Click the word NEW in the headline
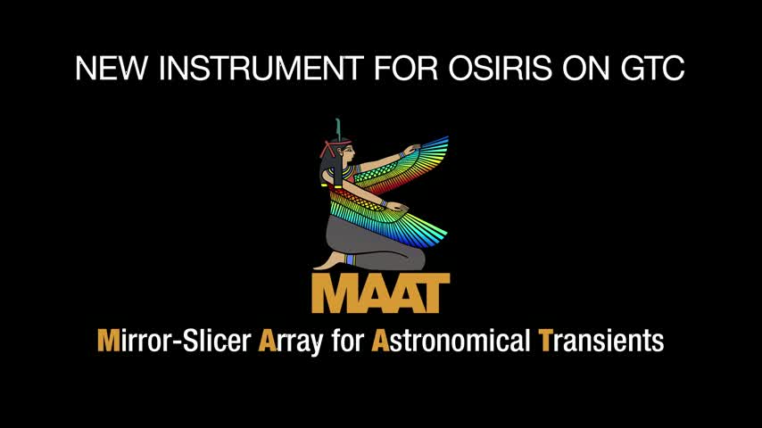[111, 68]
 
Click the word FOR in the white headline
[406, 68]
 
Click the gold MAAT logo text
[381, 293]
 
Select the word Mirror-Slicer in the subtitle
[174, 340]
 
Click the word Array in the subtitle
[290, 342]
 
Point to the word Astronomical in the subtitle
[451, 340]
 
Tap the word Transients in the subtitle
[601, 340]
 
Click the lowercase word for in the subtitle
[347, 340]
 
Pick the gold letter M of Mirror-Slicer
[108, 341]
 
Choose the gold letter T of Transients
[546, 341]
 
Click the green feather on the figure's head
[338, 129]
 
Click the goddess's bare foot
[329, 262]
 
